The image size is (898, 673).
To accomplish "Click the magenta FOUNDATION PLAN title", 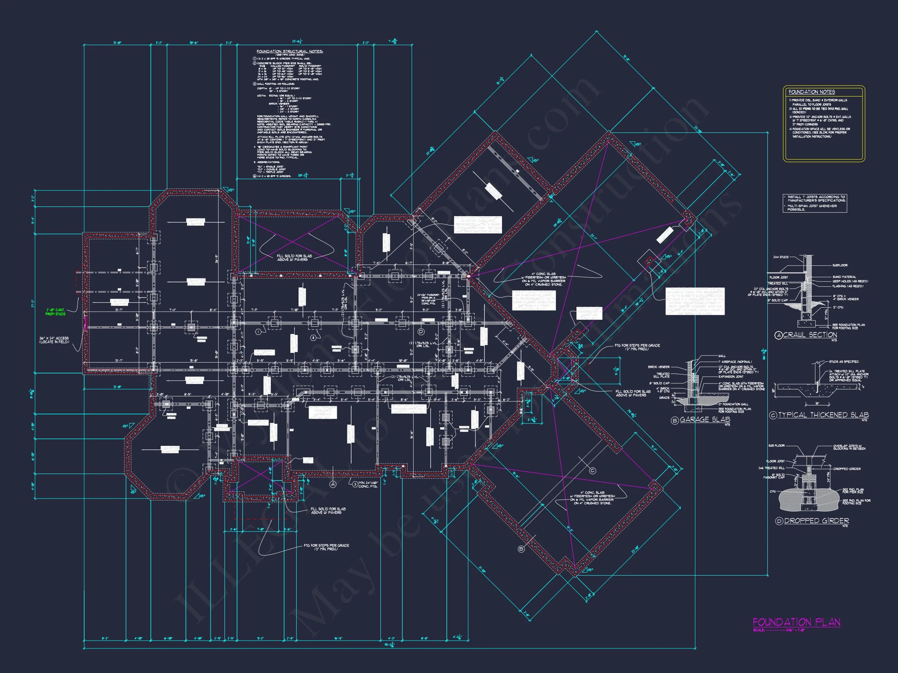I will (796, 622).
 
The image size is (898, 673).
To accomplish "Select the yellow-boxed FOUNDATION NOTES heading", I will (811, 92).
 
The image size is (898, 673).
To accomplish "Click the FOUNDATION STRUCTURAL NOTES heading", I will (290, 51).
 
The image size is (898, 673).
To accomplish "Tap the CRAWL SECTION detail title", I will (810, 335).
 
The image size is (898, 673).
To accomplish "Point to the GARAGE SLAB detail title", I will (705, 420).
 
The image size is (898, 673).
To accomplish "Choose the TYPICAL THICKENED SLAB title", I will (823, 415).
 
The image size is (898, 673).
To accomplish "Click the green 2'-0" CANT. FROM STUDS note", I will (55, 312).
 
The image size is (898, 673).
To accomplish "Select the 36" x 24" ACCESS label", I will (54, 340).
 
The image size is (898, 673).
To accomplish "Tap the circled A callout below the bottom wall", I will (333, 484).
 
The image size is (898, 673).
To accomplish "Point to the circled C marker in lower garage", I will (592, 471).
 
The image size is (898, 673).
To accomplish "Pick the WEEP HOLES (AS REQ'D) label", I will (850, 281).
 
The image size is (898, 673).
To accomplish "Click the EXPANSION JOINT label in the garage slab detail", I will (731, 377).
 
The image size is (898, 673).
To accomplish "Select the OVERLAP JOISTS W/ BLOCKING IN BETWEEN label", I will (849, 447).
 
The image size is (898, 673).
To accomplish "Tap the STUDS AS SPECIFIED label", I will (843, 361).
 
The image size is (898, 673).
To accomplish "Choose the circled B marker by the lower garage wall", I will (521, 549).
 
